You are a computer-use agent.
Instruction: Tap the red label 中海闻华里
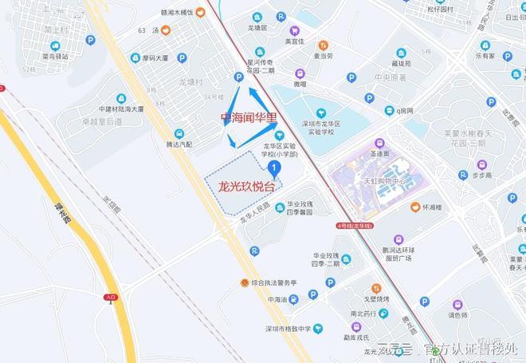click(249, 117)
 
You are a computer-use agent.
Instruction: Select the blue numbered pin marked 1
click(274, 168)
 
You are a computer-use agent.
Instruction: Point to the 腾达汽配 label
click(179, 144)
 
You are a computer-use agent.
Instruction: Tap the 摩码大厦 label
click(150, 58)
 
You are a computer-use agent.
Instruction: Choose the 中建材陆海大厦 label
click(120, 109)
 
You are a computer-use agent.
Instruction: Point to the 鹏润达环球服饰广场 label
click(398, 254)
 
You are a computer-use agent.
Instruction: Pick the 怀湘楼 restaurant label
click(433, 207)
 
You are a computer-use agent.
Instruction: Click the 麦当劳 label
click(322, 56)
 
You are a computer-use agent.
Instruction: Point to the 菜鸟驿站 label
click(57, 57)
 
